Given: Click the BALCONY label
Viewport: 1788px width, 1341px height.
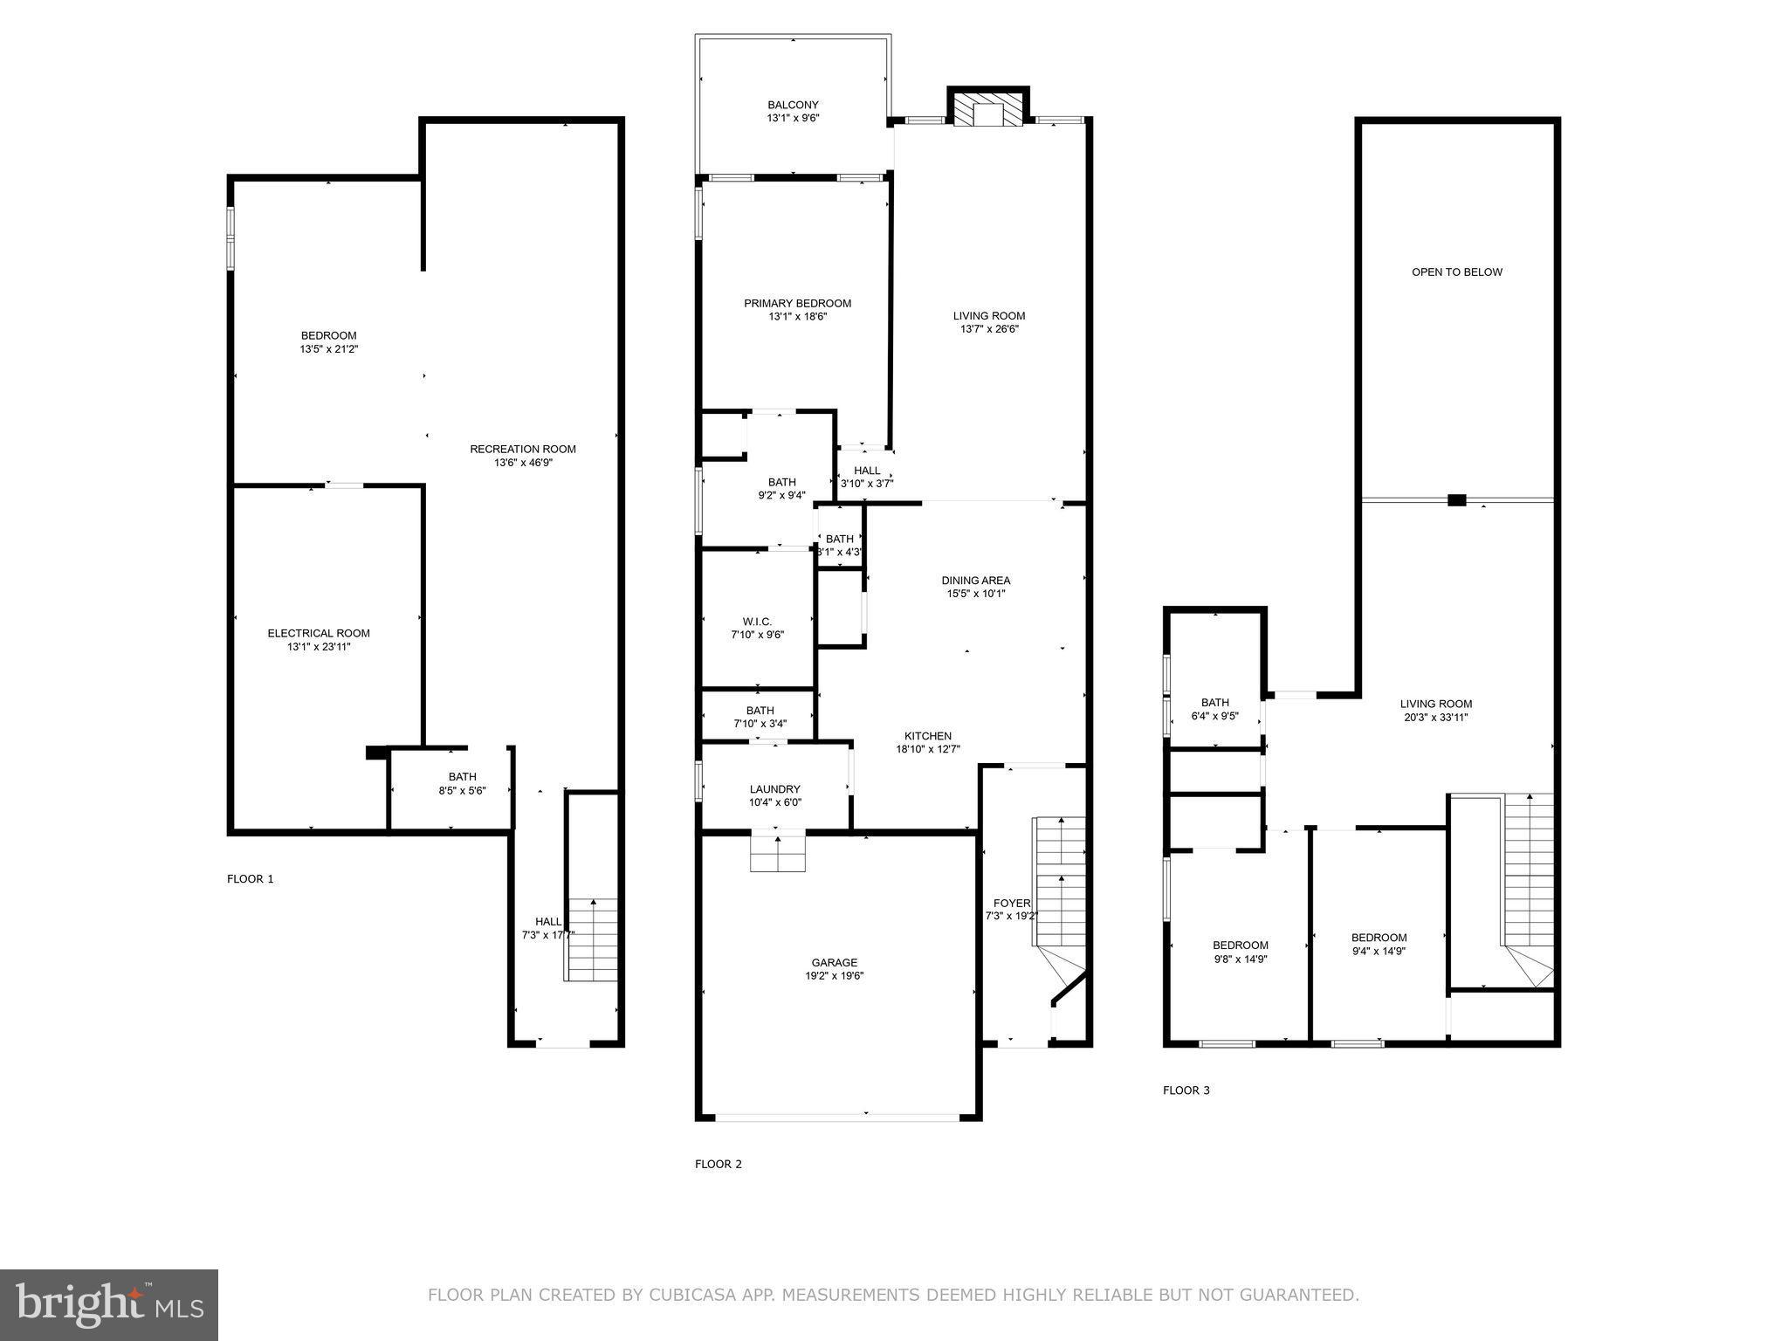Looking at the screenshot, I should coord(793,105).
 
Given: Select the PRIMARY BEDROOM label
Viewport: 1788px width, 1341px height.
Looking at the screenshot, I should coord(797,304).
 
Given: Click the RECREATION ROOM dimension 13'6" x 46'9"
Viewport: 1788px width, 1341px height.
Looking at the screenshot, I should coord(523,463).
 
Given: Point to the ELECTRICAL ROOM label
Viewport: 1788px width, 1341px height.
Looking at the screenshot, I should coord(319,634).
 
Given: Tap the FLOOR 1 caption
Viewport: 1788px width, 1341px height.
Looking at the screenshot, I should coord(251,879).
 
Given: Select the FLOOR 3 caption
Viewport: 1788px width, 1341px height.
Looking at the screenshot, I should coord(1186,1090).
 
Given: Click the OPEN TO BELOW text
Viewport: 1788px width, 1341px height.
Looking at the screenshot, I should coord(1457,272).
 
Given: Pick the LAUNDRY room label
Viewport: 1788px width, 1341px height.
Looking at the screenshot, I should coord(774,789).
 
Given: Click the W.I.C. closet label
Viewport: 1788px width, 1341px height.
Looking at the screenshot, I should coord(757,622).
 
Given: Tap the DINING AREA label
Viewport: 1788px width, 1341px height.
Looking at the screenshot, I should coord(975,581).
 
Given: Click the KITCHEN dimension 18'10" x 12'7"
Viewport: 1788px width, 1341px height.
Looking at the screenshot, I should coord(928,749).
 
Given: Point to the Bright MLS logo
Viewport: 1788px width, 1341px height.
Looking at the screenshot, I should coord(109,1304).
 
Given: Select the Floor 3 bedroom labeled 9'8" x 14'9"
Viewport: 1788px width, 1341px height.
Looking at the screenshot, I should coord(1240,952).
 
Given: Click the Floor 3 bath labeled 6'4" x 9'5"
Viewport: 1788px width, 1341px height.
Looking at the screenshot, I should coord(1214,709).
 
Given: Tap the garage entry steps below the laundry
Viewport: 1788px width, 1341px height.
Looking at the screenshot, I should coord(777,853).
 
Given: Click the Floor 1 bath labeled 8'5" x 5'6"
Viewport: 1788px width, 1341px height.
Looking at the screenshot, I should coord(462,783).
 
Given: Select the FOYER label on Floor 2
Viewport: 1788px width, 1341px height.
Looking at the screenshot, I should coord(1012,904).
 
